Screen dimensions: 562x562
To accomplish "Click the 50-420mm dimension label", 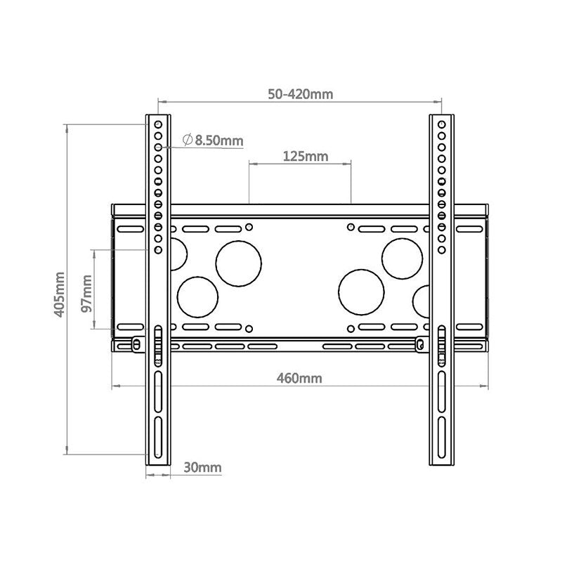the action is pyautogui.click(x=301, y=94).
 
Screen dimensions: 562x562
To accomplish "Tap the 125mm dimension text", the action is pyautogui.click(x=306, y=156).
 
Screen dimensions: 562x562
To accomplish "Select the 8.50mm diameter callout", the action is pyautogui.click(x=213, y=140).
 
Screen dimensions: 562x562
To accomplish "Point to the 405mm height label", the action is pyautogui.click(x=60, y=294).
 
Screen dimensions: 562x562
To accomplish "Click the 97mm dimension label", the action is pyautogui.click(x=86, y=294).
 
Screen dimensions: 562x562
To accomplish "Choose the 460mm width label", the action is pyautogui.click(x=299, y=378).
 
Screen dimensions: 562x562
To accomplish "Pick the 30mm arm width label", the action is pyautogui.click(x=202, y=467).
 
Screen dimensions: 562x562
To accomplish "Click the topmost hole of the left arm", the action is pyautogui.click(x=158, y=124).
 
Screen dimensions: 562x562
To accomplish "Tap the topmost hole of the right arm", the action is pyautogui.click(x=442, y=124).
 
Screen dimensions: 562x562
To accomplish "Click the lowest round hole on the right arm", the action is pyautogui.click(x=442, y=250).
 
